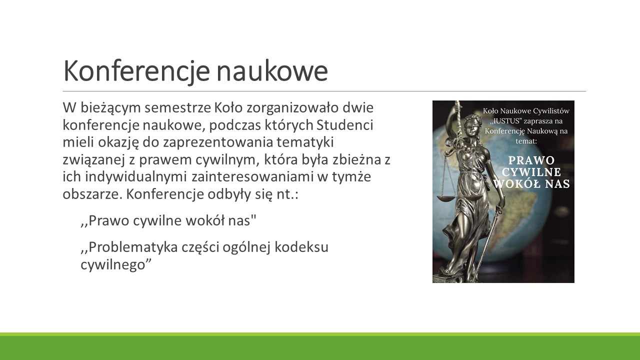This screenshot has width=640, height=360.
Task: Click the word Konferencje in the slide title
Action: [x=136, y=71]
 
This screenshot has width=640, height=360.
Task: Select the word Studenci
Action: [x=345, y=125]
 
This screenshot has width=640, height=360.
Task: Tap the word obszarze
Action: [x=93, y=194]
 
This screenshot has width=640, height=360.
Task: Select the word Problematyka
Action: [x=133, y=247]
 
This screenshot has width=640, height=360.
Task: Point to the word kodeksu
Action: [x=301, y=247]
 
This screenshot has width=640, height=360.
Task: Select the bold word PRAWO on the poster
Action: [x=531, y=160]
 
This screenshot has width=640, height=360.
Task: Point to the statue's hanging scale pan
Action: [x=446, y=197]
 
